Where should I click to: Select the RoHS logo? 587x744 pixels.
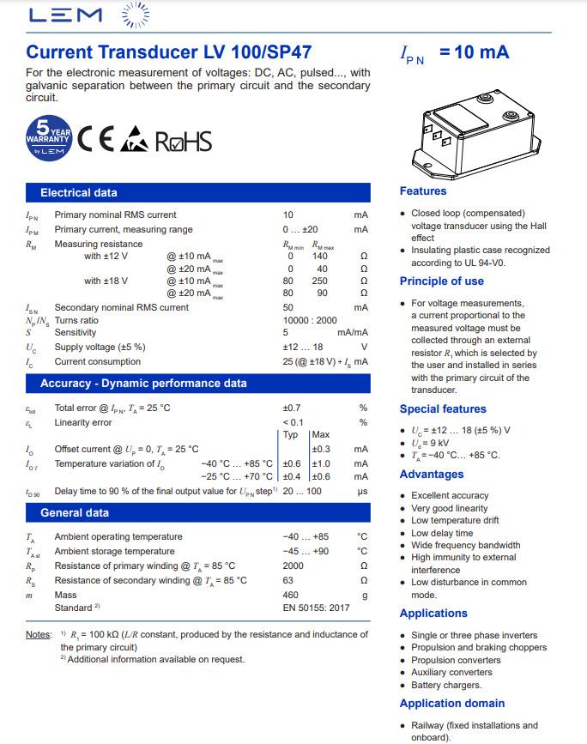[x=183, y=141]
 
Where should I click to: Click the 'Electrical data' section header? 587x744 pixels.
[x=79, y=193]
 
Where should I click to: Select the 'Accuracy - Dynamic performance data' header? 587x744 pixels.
[x=143, y=384]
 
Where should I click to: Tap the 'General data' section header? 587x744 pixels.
[x=75, y=513]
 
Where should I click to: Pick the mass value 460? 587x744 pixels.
[x=290, y=595]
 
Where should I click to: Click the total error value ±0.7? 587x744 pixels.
[x=292, y=408]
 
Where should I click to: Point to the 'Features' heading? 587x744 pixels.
[x=423, y=191]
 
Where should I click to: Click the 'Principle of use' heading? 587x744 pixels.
[x=441, y=281]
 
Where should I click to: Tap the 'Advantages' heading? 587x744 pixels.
[x=431, y=475]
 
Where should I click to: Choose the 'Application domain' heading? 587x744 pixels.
[x=451, y=704]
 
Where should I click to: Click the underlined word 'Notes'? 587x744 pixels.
[x=39, y=635]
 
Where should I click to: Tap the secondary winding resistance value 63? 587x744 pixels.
[x=288, y=581]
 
